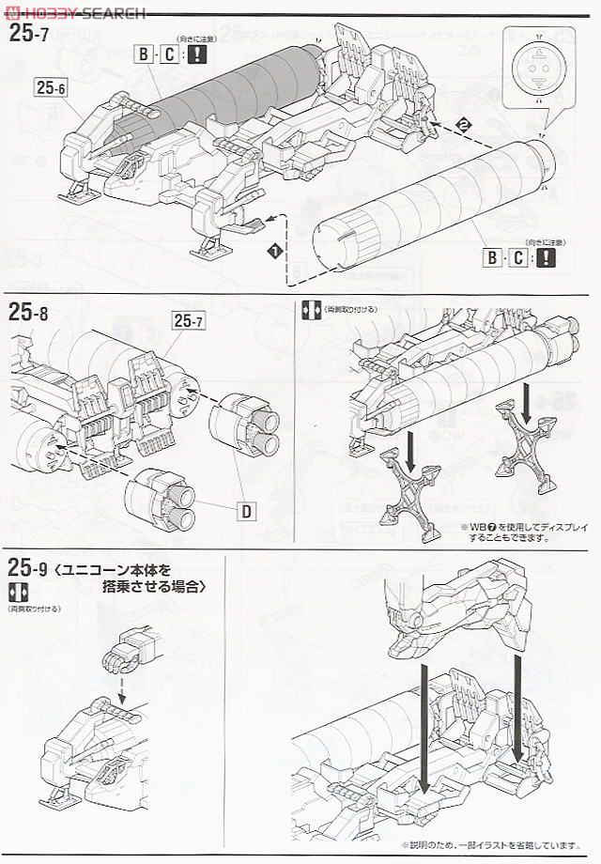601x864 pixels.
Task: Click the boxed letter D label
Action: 245,511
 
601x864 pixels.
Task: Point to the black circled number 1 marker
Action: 273,252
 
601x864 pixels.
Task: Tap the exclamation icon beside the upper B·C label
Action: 196,54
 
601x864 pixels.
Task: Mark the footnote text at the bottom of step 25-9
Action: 487,843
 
